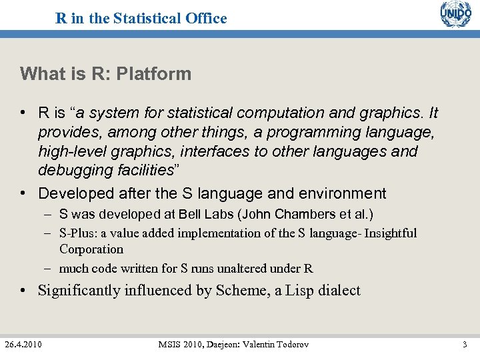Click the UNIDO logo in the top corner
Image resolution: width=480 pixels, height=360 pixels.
455,15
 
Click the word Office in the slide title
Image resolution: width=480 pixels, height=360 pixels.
207,19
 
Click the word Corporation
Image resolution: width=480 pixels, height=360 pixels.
91,249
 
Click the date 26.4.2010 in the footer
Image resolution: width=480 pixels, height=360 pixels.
23,345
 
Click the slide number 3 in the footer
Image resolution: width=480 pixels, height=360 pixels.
464,345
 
